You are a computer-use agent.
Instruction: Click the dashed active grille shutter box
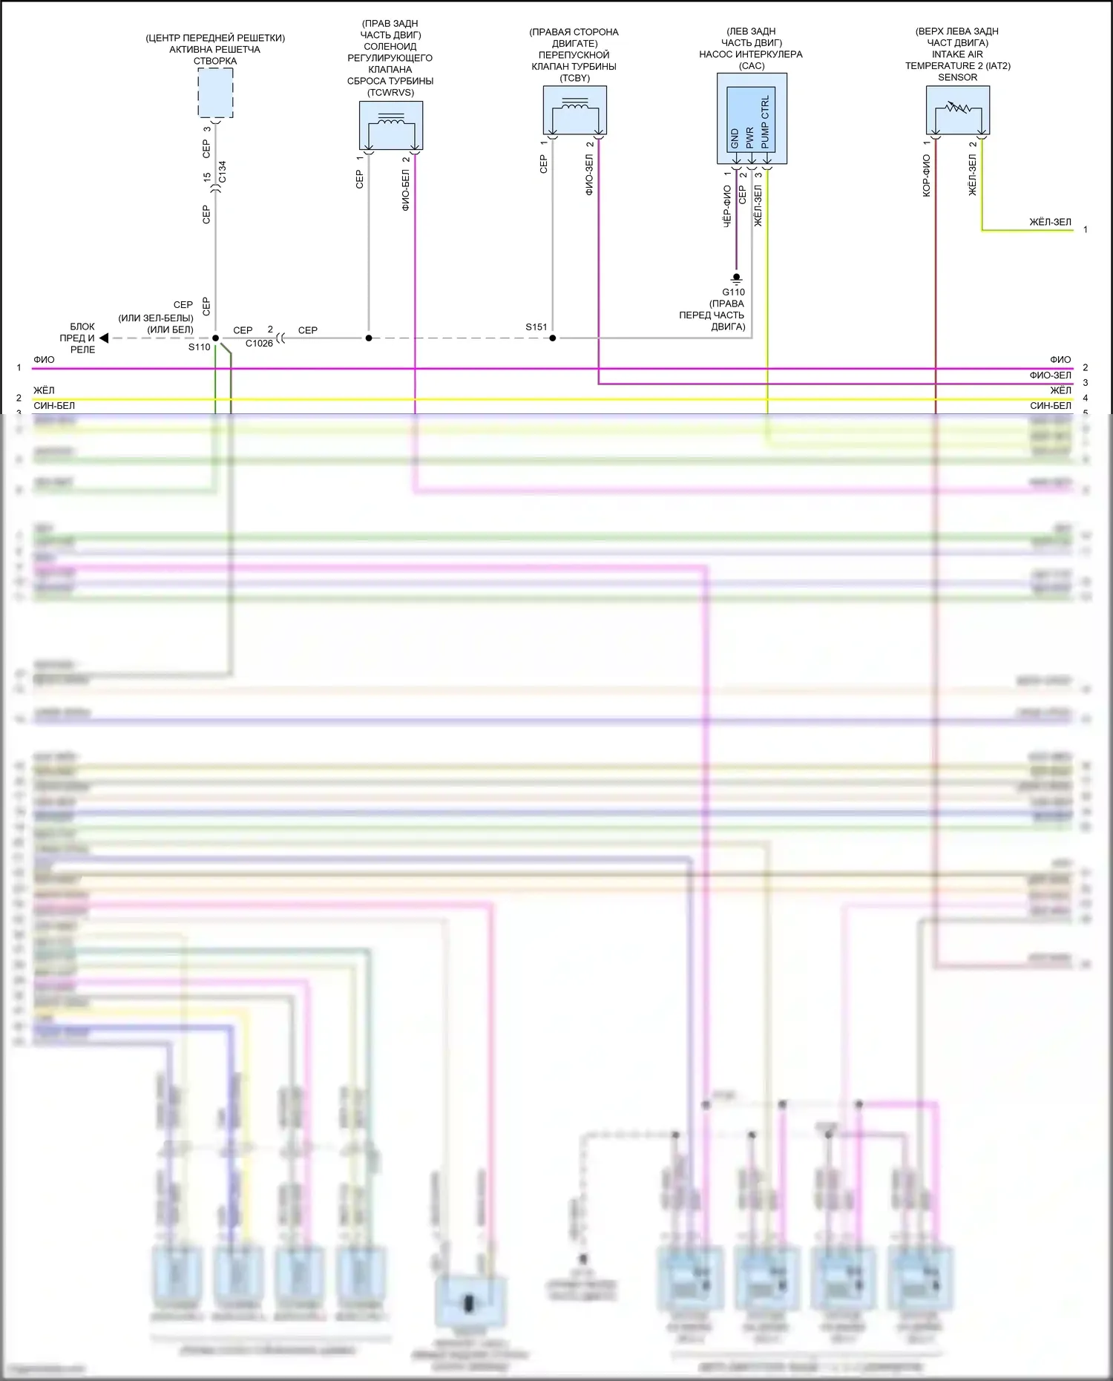tap(215, 93)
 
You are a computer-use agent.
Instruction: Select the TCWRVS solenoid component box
tap(391, 125)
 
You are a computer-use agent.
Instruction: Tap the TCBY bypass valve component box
tap(574, 110)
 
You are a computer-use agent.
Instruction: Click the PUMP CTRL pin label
tap(765, 122)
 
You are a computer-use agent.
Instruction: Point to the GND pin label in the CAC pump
tap(735, 138)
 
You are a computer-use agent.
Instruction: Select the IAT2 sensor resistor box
tap(957, 110)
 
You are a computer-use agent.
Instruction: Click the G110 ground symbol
tap(736, 278)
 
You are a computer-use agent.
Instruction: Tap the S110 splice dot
tap(216, 338)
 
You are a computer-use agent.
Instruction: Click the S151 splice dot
tap(553, 338)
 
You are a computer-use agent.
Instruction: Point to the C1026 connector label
tap(259, 344)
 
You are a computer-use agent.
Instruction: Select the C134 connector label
tap(223, 171)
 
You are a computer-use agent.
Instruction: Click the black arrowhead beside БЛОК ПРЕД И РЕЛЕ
tap(104, 338)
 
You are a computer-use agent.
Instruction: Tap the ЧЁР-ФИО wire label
tap(727, 206)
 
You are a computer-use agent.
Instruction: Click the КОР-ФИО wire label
tap(926, 175)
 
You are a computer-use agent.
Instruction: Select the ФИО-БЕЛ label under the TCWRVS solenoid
tap(406, 190)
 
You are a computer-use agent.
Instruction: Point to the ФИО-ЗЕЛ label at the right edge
tap(1050, 375)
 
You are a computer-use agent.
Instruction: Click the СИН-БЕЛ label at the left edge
tap(54, 406)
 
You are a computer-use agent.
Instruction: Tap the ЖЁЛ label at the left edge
tap(44, 390)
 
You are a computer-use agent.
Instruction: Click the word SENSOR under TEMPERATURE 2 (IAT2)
tap(957, 77)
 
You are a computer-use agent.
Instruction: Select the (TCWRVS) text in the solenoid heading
tap(390, 93)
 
